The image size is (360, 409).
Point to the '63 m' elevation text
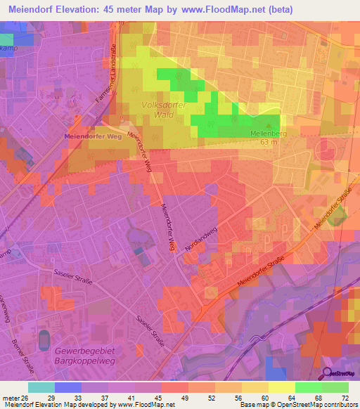(x=266, y=141)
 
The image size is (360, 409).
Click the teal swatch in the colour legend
(x=41, y=387)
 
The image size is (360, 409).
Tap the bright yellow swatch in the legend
(x=281, y=387)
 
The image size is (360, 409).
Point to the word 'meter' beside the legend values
(x=10, y=397)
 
